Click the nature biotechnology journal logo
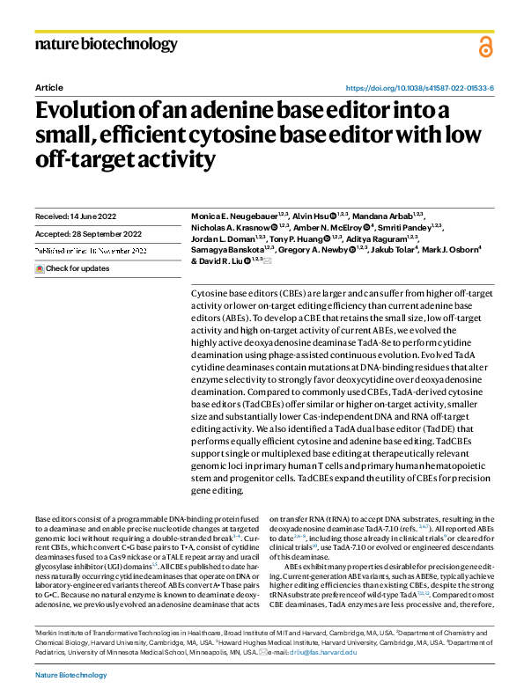coord(106,44)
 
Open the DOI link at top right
coord(419,89)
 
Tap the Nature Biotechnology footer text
coord(70,675)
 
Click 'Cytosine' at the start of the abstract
coord(208,290)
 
